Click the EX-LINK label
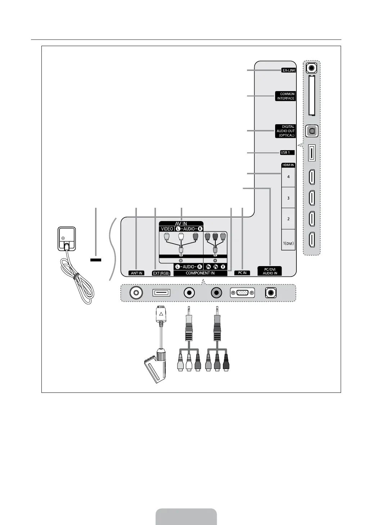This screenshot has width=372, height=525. pyautogui.click(x=288, y=71)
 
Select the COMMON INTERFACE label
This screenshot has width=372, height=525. pyautogui.click(x=286, y=96)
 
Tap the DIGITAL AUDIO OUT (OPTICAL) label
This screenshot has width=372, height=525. pyautogui.click(x=286, y=131)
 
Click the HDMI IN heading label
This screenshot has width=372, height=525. pyautogui.click(x=288, y=165)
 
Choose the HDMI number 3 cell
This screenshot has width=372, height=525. pyautogui.click(x=288, y=198)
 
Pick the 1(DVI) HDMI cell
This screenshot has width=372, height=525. pyautogui.click(x=288, y=243)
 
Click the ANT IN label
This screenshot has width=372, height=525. pyautogui.click(x=136, y=273)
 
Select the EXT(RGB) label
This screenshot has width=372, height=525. pyautogui.click(x=161, y=273)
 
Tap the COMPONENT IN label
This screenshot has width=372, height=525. pyautogui.click(x=200, y=273)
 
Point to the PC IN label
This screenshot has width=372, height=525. pyautogui.click(x=242, y=273)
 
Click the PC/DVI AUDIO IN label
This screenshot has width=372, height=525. pyautogui.click(x=270, y=271)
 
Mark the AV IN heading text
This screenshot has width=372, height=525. pyautogui.click(x=181, y=224)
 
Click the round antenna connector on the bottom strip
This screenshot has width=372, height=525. pyautogui.click(x=136, y=293)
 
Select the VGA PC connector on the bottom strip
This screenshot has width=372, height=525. pyautogui.click(x=242, y=293)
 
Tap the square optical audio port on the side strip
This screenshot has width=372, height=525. pyautogui.click(x=312, y=131)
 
